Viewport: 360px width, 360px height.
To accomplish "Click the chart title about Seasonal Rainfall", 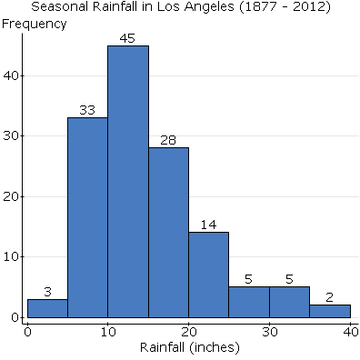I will coord(180,7).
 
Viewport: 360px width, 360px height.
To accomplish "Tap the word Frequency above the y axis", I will coord(34,24).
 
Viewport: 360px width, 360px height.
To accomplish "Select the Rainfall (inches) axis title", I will coord(188,347).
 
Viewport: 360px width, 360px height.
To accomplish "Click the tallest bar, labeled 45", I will coord(128,182).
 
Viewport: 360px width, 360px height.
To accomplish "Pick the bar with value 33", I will coord(87,218).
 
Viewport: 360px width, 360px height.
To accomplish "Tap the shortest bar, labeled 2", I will coord(329,312).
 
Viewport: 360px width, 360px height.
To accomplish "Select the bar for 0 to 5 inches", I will coord(47,309).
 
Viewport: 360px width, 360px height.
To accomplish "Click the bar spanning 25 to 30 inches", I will coord(248,303).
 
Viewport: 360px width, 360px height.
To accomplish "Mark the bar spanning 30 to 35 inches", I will coord(289,303).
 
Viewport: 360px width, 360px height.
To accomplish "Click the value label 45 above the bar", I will coord(128,38).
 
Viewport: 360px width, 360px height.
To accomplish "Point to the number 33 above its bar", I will coord(87,110).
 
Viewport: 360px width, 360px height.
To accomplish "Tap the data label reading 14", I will coord(208,225).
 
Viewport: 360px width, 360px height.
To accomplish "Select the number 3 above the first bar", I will coord(47,291).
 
